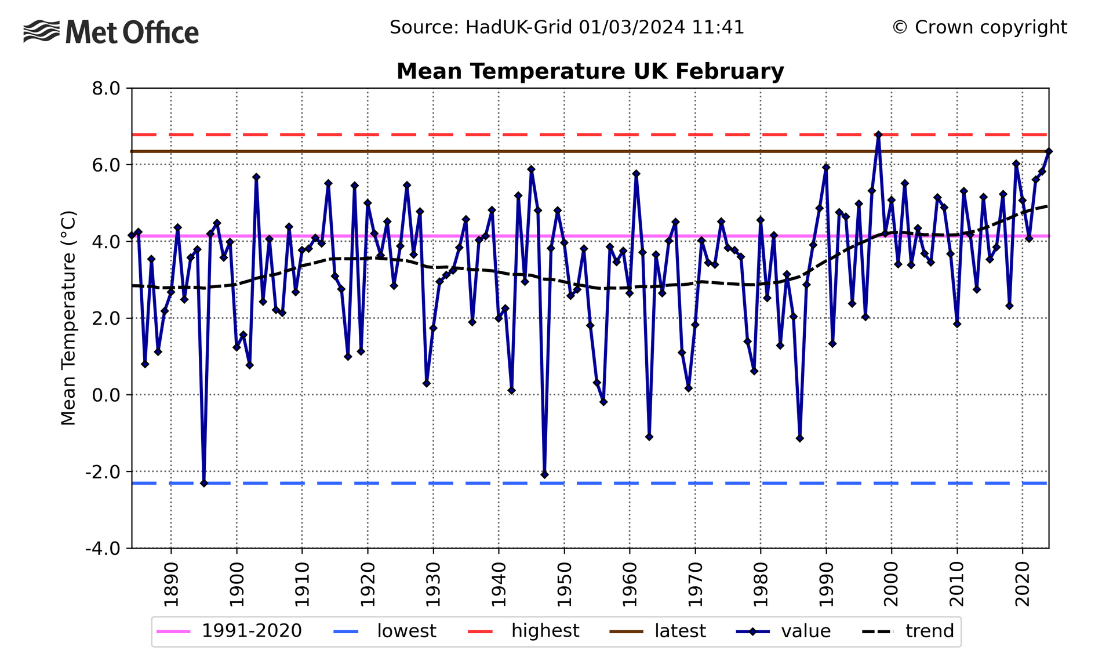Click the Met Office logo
click(x=111, y=32)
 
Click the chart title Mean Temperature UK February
click(x=590, y=71)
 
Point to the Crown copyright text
click(x=979, y=27)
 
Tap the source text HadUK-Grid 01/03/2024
click(x=566, y=27)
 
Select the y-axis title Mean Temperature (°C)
click(x=68, y=318)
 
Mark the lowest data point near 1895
click(x=203, y=483)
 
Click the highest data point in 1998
click(x=878, y=135)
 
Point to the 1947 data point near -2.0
click(x=544, y=474)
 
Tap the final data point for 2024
click(x=1049, y=151)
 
